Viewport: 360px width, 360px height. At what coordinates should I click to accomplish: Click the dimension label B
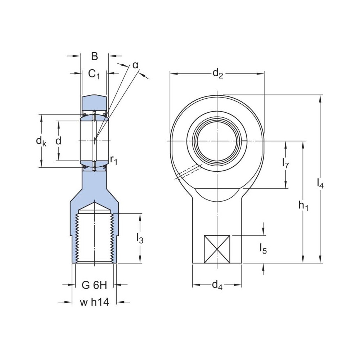(94, 56)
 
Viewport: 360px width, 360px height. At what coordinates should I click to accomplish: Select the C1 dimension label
(94, 74)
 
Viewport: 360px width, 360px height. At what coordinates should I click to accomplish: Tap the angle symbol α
(135, 65)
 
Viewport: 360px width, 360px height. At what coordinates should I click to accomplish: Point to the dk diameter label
(41, 141)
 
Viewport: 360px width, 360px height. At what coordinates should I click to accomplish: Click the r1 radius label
(114, 159)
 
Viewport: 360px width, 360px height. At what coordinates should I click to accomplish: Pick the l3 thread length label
(140, 238)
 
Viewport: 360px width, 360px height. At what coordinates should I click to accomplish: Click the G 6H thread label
(94, 285)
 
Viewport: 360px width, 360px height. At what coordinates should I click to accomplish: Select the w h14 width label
(94, 302)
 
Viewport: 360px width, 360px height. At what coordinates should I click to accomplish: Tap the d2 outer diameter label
(217, 73)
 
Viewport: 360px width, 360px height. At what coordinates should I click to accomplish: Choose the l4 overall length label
(320, 184)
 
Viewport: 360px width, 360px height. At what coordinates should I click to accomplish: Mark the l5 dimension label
(263, 249)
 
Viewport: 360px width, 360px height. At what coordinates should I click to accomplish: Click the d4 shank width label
(217, 285)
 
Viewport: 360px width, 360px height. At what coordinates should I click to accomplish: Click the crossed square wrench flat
(217, 249)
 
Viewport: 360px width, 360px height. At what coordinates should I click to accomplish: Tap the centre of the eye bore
(217, 140)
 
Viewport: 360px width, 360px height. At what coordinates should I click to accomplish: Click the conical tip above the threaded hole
(94, 208)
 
